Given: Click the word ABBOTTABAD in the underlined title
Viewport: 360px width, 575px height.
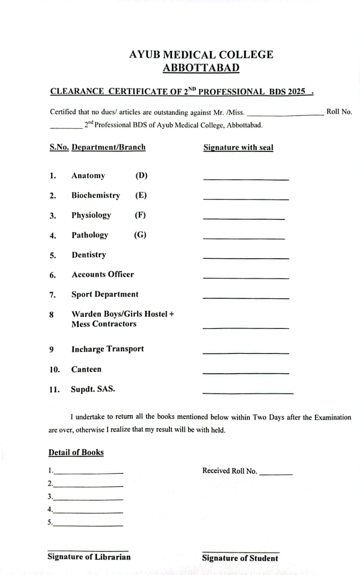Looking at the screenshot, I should [201, 68].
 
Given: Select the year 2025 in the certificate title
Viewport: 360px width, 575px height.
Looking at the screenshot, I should [296, 92].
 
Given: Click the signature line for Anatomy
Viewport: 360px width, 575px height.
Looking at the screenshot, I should [246, 179].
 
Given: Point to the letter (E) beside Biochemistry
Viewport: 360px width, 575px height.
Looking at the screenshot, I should [141, 195].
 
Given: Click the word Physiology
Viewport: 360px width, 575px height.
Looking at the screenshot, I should [91, 215].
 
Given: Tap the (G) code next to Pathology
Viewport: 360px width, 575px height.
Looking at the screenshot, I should [140, 235].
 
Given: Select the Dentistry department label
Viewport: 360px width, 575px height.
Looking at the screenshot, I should [89, 255].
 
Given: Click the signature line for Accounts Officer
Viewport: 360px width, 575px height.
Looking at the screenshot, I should [246, 278].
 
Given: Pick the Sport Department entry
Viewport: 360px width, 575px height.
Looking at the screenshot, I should [105, 294].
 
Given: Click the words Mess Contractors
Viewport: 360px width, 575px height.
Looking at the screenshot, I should [104, 324].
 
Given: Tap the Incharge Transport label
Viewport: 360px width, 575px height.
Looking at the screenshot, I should [108, 349].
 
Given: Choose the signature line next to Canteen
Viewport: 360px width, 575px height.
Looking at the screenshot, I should [246, 373].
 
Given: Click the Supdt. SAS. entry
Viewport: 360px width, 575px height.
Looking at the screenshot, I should [93, 389].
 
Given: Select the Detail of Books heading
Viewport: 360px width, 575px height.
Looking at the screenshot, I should [76, 452].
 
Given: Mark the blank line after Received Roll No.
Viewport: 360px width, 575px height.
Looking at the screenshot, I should [276, 474].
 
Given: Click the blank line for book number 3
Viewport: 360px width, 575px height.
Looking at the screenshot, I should [88, 500].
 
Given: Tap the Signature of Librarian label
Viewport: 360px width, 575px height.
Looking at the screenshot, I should [89, 557].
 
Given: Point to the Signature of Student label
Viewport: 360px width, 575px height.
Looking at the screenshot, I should [240, 558].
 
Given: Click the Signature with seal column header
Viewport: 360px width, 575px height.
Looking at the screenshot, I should [238, 147].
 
